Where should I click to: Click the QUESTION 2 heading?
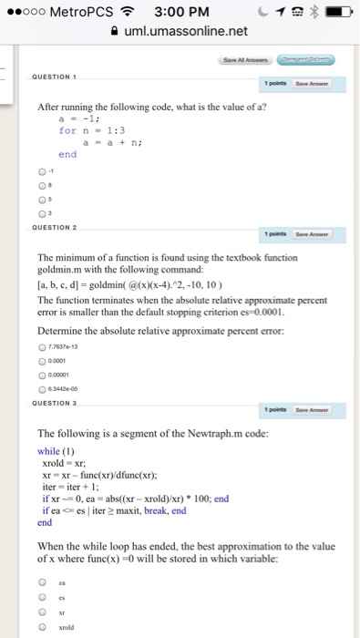[x=58, y=224]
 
